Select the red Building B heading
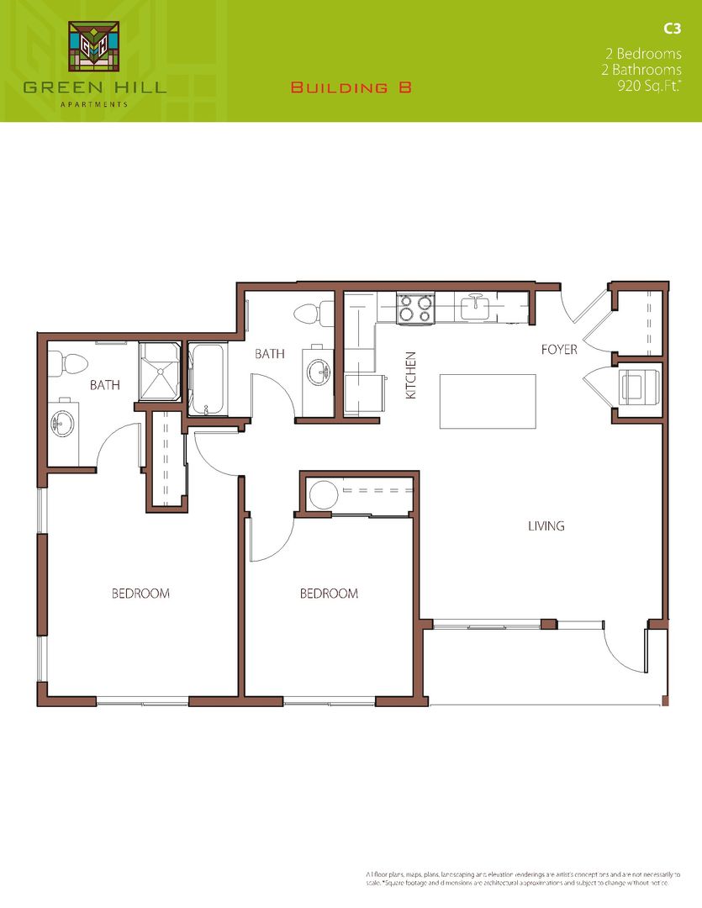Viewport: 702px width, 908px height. pyautogui.click(x=351, y=87)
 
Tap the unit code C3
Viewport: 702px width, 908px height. pyautogui.click(x=671, y=29)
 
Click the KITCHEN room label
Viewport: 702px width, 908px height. pyautogui.click(x=412, y=374)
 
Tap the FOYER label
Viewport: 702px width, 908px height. pyautogui.click(x=559, y=349)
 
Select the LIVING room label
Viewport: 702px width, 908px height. pyautogui.click(x=546, y=526)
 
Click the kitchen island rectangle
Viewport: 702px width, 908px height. pyautogui.click(x=488, y=401)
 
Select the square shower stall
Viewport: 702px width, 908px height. pyautogui.click(x=160, y=372)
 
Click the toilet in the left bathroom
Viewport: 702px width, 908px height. pyautogui.click(x=71, y=364)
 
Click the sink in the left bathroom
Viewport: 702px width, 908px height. pyautogui.click(x=62, y=422)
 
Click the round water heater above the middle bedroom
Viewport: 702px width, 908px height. pyautogui.click(x=322, y=494)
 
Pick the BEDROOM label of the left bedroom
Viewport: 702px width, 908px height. pyautogui.click(x=140, y=594)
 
